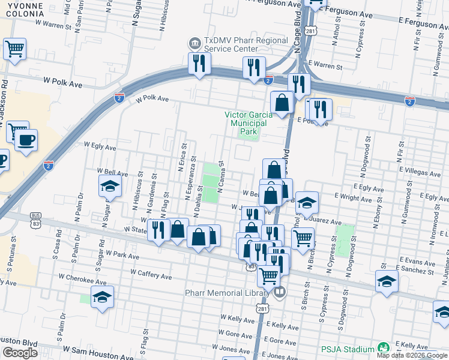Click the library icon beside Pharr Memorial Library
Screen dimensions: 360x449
(279, 293)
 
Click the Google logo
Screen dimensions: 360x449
(20, 353)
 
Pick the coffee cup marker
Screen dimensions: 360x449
(25, 141)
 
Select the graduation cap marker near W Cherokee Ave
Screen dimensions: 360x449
(102, 296)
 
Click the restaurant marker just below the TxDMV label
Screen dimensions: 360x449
(198, 62)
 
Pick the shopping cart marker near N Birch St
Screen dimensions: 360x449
(303, 236)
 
